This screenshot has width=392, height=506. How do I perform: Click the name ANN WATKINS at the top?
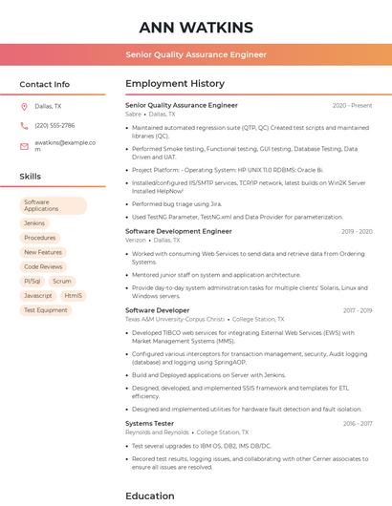click(x=196, y=27)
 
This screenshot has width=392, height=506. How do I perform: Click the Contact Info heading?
click(x=45, y=84)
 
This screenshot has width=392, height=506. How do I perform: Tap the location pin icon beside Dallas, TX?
click(x=24, y=107)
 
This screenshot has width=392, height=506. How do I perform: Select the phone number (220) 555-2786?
click(x=54, y=125)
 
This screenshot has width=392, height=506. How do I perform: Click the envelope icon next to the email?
click(x=24, y=146)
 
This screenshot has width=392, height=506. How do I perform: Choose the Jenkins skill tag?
click(x=34, y=223)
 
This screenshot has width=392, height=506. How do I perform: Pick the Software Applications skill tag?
click(x=53, y=205)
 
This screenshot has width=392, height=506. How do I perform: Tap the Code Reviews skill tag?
click(x=43, y=266)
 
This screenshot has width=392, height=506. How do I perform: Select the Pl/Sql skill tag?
click(x=32, y=282)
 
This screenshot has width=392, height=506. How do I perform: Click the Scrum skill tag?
click(x=62, y=282)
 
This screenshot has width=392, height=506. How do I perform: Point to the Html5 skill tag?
click(x=74, y=296)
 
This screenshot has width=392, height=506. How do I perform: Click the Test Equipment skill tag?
click(x=45, y=310)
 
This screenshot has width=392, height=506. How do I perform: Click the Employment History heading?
click(x=175, y=84)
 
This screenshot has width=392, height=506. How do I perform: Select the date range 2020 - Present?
click(x=352, y=105)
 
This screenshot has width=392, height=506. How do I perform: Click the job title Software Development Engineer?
click(x=179, y=231)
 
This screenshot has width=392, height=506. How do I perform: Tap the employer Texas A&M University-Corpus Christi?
click(x=175, y=319)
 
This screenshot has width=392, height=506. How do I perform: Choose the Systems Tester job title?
click(x=149, y=423)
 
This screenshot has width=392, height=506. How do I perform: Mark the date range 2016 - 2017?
click(x=358, y=423)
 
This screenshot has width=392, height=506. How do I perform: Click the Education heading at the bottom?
click(x=149, y=495)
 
